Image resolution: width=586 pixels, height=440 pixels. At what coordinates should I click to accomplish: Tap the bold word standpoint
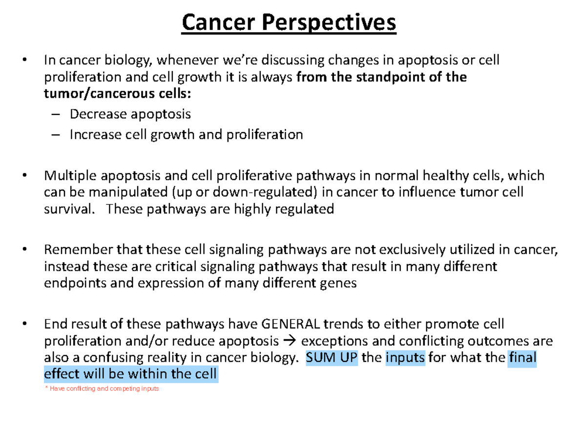click(395, 77)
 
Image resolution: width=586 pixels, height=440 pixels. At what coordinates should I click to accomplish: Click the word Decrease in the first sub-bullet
click(98, 114)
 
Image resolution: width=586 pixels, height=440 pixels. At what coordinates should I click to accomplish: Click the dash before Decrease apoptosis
click(57, 114)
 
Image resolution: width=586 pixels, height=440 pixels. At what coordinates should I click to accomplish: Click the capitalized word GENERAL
click(291, 324)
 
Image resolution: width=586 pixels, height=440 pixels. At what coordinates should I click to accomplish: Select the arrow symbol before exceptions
click(289, 341)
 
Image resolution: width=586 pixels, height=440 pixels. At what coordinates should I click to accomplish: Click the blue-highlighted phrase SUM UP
click(332, 357)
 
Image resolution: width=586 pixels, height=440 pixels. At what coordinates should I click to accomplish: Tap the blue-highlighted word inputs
click(405, 357)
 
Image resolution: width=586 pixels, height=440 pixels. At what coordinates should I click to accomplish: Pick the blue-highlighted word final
click(523, 357)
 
